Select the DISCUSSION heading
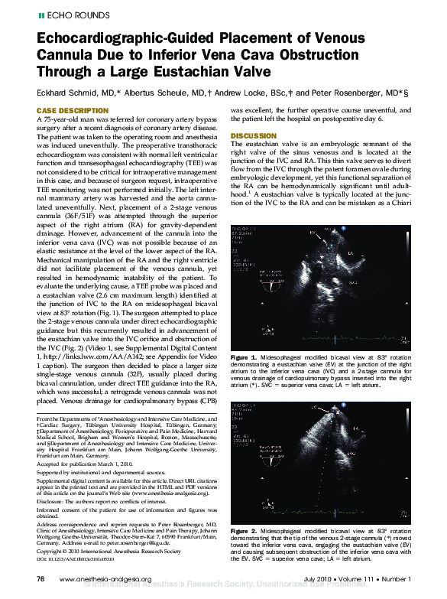pos(253,136)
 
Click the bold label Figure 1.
pos(243,357)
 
